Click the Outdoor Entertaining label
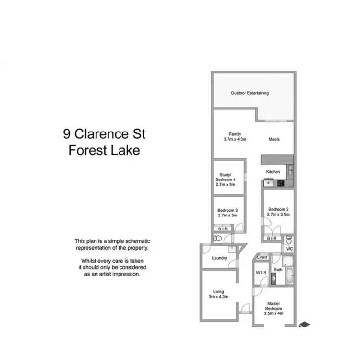(x=250, y=93)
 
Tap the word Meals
(x=274, y=139)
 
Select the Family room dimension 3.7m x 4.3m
(x=235, y=139)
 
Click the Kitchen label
(x=273, y=171)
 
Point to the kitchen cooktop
(x=279, y=182)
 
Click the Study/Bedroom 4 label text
(x=226, y=177)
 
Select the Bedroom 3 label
(x=228, y=210)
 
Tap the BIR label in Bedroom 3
(x=223, y=229)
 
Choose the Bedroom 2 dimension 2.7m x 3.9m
(x=278, y=215)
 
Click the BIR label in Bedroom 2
(x=272, y=238)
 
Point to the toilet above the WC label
(x=288, y=240)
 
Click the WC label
(x=289, y=249)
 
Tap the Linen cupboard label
(x=262, y=258)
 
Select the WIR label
(x=261, y=273)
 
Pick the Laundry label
(x=219, y=258)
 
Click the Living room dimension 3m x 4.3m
(x=217, y=297)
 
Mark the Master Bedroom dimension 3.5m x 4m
(x=274, y=313)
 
